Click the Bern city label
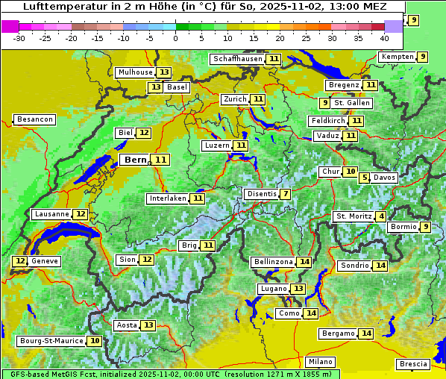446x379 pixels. [135, 160]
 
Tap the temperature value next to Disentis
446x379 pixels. [286, 194]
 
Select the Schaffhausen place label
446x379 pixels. [236, 59]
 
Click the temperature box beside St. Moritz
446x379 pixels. [381, 216]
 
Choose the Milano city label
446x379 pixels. [321, 362]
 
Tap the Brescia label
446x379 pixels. [414, 364]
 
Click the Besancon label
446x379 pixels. [35, 119]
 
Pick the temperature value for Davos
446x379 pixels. [364, 178]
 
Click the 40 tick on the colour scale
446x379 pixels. [384, 38]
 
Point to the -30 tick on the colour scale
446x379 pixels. [19, 38]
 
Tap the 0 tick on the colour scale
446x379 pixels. [175, 38]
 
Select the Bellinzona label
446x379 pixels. [273, 262]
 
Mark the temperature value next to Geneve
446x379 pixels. [19, 261]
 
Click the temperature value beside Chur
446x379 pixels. [351, 172]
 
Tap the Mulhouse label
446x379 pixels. [134, 72]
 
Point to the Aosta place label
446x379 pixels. [127, 325]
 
